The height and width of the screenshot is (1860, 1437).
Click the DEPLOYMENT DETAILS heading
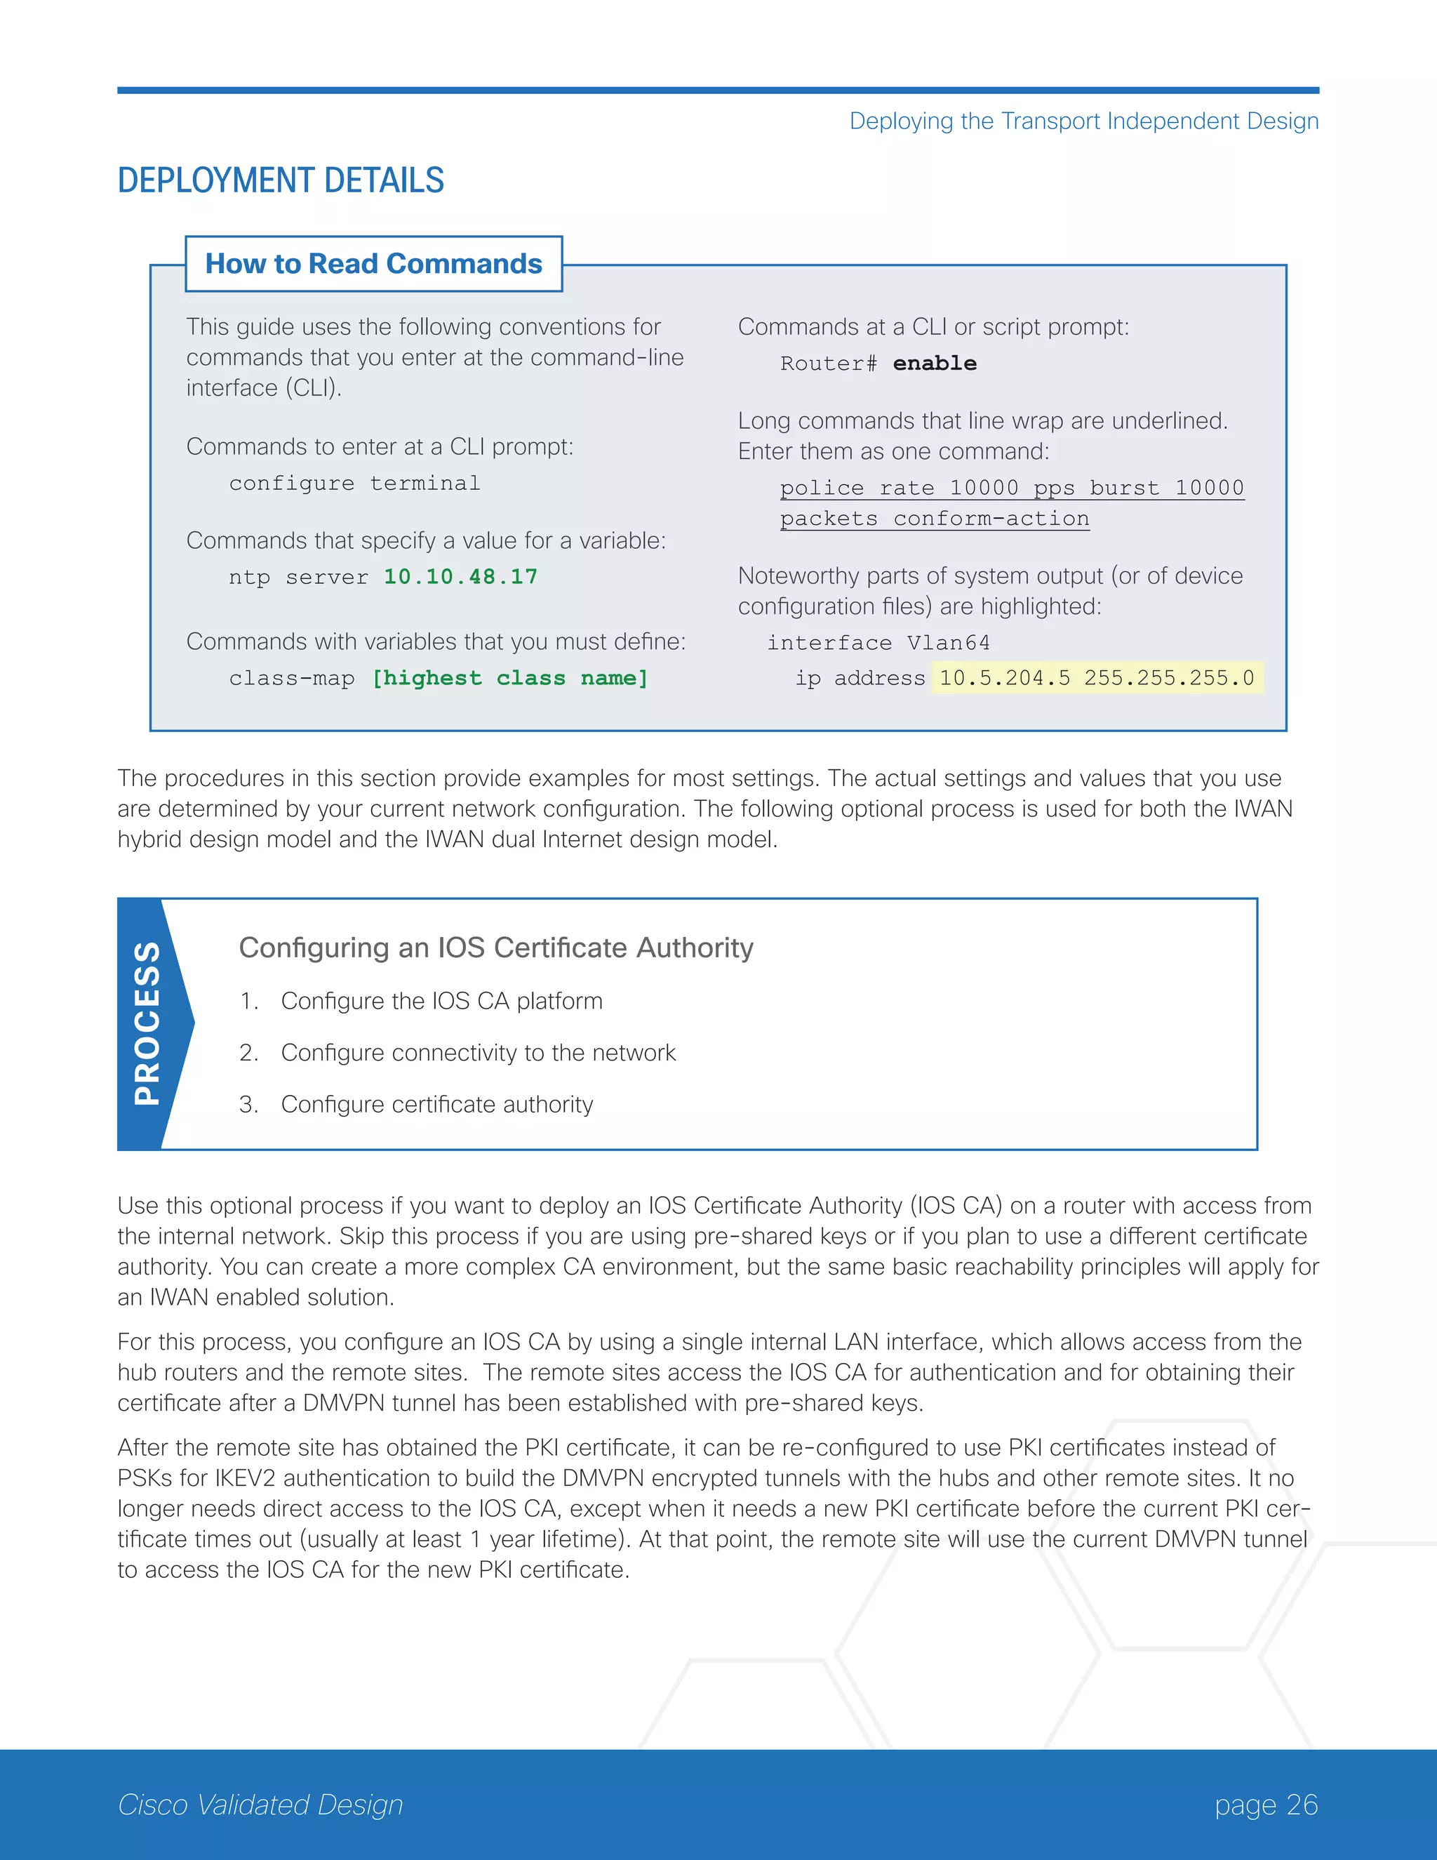[x=280, y=180]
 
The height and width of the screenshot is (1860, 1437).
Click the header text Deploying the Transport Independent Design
[x=1083, y=121]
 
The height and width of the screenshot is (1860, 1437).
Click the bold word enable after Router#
[x=934, y=364]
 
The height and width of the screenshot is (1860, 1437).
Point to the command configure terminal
[x=354, y=484]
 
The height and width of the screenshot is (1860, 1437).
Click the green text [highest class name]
[x=510, y=678]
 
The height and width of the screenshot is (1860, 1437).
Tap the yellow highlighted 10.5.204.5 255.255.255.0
[x=1097, y=678]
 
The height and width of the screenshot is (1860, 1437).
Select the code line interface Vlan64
[x=878, y=643]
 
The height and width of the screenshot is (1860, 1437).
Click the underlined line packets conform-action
[x=934, y=519]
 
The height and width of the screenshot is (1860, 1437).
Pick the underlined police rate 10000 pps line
[x=1011, y=488]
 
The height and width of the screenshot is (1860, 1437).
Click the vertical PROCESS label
[x=147, y=1023]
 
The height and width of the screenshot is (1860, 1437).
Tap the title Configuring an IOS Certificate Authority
[x=495, y=948]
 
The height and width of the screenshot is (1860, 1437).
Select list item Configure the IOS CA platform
[x=441, y=1001]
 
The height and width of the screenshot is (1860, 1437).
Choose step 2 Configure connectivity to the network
[x=478, y=1053]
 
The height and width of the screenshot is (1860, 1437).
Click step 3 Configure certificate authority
[x=436, y=1105]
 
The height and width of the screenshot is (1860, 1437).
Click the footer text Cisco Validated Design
[x=260, y=1805]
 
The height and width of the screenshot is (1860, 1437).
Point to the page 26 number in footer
[x=1265, y=1805]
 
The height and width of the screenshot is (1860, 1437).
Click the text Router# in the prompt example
[x=827, y=364]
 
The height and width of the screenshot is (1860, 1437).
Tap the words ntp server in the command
[x=298, y=578]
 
